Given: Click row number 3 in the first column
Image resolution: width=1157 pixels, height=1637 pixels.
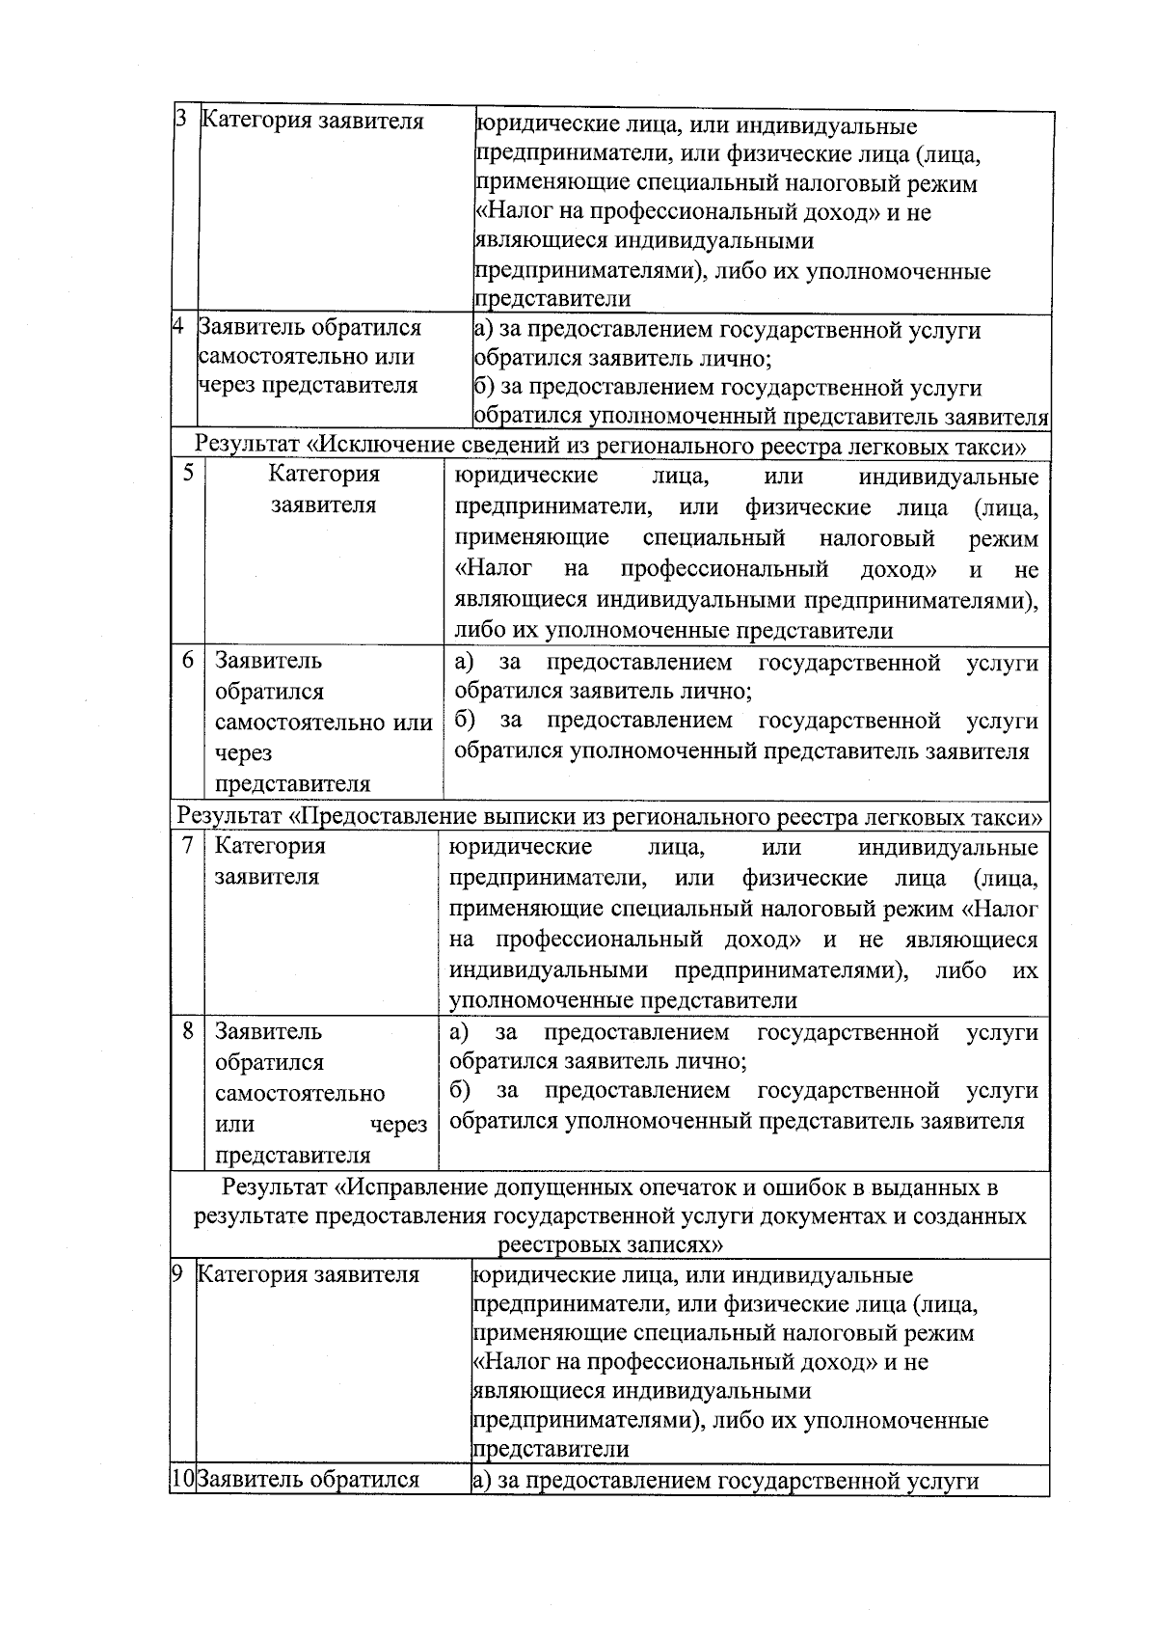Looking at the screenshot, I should (180, 122).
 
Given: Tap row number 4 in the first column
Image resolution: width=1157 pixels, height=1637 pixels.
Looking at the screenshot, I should (178, 326).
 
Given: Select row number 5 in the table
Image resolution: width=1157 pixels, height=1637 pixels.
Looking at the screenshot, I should (188, 473).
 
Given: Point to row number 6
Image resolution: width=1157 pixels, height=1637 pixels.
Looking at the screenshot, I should (188, 660).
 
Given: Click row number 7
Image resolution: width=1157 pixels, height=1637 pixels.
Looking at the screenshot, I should (188, 845).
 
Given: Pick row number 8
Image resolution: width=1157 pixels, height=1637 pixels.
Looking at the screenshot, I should (188, 1030).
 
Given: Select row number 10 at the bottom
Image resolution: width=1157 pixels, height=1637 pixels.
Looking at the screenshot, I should (182, 1479).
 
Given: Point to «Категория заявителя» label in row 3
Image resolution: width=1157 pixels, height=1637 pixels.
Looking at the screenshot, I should (312, 122).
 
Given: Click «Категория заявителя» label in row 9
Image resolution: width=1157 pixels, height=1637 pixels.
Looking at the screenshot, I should (309, 1273).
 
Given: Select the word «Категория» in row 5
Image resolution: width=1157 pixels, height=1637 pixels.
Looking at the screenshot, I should (324, 473).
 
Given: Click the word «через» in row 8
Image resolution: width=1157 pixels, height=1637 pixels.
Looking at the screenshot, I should (399, 1124).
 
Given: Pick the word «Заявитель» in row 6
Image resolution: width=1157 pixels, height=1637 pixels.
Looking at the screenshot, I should (268, 661).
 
